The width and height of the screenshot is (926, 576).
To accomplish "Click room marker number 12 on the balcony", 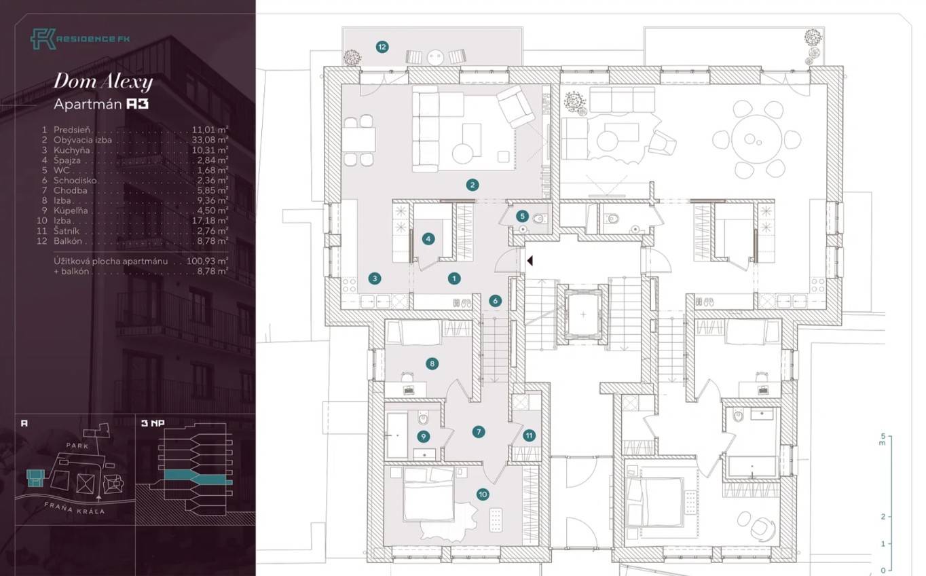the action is (382, 47).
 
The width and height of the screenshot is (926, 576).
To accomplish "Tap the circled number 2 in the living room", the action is (473, 185).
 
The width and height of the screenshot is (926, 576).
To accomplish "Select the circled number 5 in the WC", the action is (522, 216).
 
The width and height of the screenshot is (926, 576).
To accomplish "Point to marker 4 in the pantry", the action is (428, 238).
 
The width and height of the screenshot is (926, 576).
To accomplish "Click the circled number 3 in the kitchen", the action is (375, 278).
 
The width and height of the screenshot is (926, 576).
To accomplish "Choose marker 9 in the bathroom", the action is (423, 436).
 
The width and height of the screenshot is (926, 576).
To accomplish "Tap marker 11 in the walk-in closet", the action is (529, 435).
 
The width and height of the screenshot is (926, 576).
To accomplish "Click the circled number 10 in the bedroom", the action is (483, 494).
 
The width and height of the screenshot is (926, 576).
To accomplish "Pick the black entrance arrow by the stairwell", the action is (530, 261).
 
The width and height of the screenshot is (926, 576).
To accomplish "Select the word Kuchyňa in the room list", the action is (71, 150).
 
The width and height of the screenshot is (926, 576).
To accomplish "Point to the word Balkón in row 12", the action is (68, 241).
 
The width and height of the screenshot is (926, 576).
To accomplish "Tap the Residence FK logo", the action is (80, 39).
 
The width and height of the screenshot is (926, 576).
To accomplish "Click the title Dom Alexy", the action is (103, 81).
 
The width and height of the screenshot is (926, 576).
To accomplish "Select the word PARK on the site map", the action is (77, 446).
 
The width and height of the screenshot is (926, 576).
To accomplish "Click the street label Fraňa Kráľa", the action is (75, 509).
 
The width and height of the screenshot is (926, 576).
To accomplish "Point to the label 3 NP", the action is (153, 423).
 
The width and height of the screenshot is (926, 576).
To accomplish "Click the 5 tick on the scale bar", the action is (884, 436).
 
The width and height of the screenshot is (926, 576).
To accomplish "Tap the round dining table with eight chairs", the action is (757, 139).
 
